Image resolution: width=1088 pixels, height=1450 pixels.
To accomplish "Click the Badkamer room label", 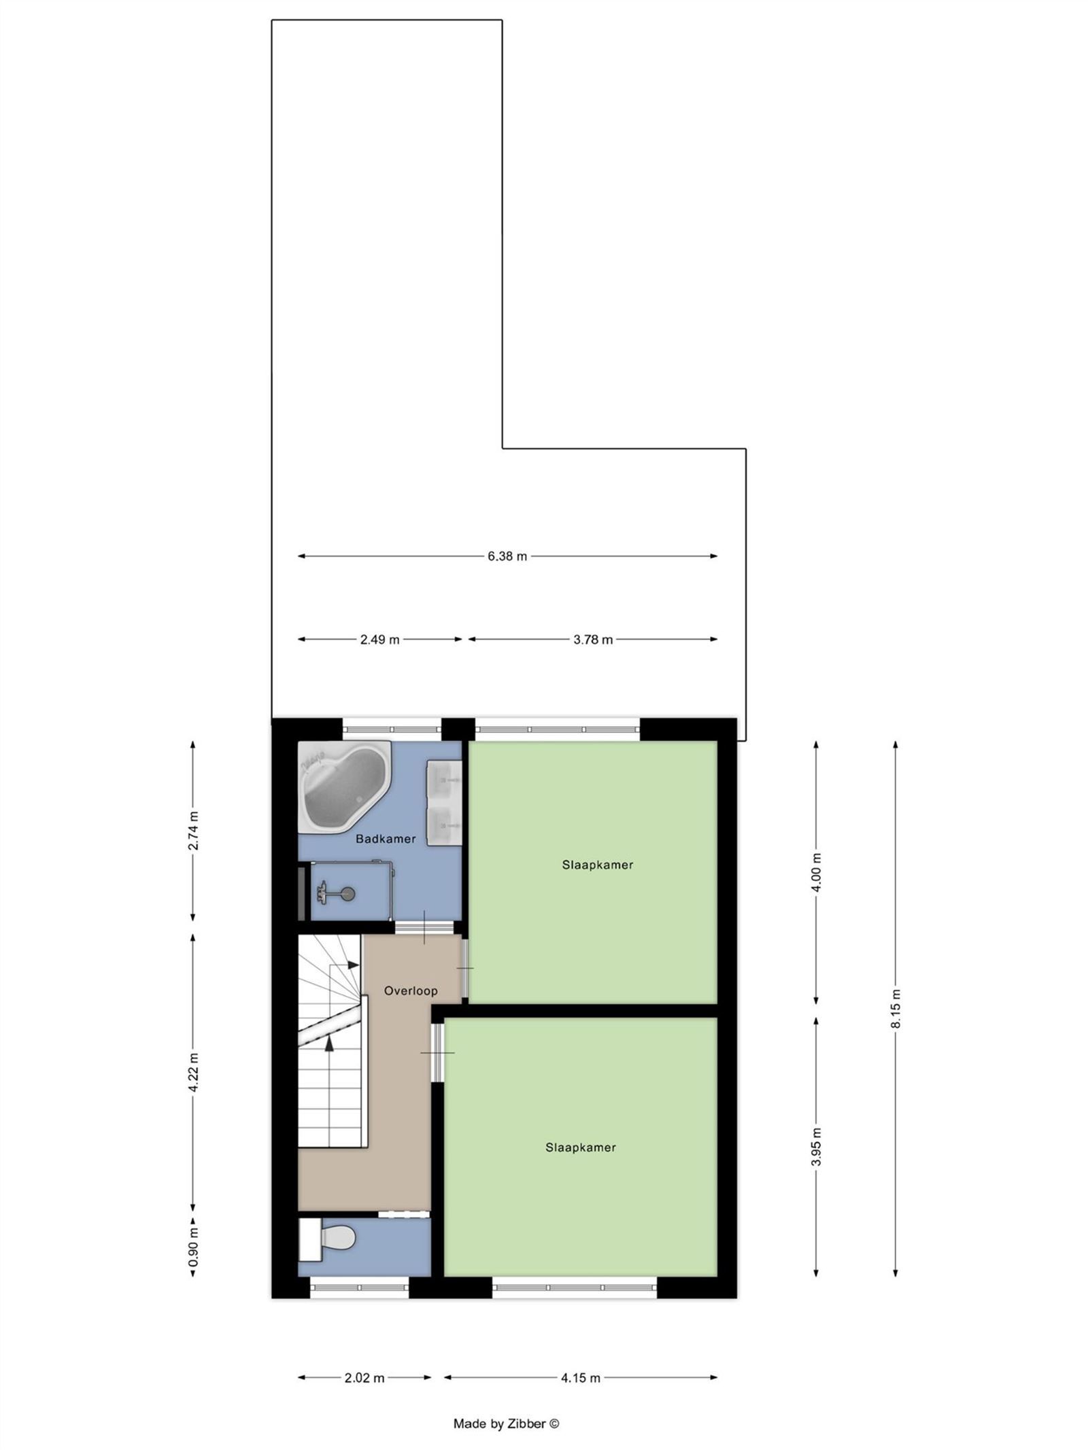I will [x=386, y=839].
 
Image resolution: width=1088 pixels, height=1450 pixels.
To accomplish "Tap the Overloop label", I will [x=411, y=990].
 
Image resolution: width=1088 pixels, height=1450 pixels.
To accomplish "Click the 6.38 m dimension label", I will [x=507, y=556].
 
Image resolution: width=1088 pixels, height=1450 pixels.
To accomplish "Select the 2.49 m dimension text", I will [x=380, y=640].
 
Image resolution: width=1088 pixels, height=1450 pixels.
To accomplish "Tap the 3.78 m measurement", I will [x=593, y=640].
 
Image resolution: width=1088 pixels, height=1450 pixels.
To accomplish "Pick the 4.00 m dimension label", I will [x=817, y=872].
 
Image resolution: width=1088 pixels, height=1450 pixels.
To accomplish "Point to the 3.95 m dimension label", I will [x=817, y=1147].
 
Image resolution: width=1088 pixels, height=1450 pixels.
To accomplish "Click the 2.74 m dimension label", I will [x=194, y=831].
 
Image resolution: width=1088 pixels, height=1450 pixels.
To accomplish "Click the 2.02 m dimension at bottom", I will [x=364, y=1378].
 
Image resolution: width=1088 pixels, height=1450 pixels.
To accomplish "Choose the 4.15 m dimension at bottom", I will [x=581, y=1378].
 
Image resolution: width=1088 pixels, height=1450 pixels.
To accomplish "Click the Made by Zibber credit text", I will [x=506, y=1423].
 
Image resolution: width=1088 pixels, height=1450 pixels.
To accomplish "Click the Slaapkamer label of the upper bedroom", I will [x=598, y=865].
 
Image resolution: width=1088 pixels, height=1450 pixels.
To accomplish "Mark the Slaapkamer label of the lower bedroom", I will [x=581, y=1147].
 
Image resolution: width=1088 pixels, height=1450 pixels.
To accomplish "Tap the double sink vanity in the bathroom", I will [x=443, y=802].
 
